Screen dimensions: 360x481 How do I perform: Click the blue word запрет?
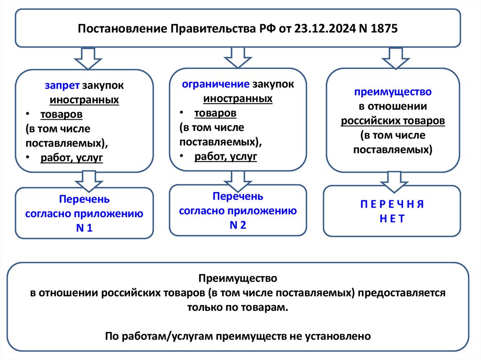[x=62, y=86]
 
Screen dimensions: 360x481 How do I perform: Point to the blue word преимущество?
[x=393, y=92]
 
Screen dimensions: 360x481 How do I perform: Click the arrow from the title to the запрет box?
[x=87, y=58]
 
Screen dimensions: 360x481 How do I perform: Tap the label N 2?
[x=238, y=225]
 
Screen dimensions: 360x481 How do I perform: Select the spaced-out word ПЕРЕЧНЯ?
[x=392, y=204]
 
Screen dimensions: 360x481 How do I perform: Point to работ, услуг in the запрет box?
[x=71, y=158]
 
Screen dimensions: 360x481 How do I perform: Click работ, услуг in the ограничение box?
[x=225, y=156]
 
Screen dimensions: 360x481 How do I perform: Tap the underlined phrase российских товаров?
[x=393, y=121]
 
